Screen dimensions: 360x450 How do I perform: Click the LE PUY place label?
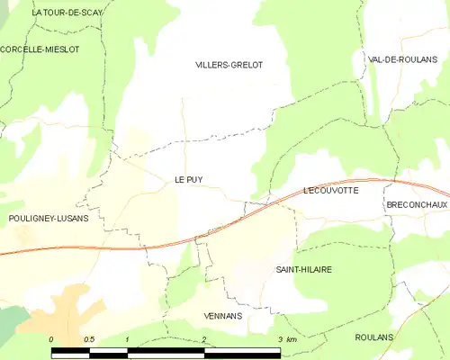pos(188,180)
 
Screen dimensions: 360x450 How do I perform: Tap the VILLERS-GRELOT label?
pos(229,65)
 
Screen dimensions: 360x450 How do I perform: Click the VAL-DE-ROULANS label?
pos(396,58)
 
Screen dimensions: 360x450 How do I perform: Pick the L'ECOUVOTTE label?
pos(331,191)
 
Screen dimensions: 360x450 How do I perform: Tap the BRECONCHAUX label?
pos(417,205)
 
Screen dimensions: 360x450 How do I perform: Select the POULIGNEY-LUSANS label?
pos(48,219)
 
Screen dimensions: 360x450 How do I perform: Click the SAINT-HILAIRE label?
pos(303,270)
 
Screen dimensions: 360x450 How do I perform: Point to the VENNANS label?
pos(223,316)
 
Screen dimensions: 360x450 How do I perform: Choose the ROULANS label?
pos(374,337)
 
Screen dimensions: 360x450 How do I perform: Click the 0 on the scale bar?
pos(51,338)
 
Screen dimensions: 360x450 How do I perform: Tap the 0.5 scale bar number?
pos(89,338)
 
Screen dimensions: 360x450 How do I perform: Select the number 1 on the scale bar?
pos(128,338)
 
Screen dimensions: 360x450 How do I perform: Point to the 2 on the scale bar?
pos(204,338)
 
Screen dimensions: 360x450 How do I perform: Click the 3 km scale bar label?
pos(287,338)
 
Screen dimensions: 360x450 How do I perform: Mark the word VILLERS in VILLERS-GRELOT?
pos(212,65)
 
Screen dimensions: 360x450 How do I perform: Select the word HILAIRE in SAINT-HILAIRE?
pos(317,270)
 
